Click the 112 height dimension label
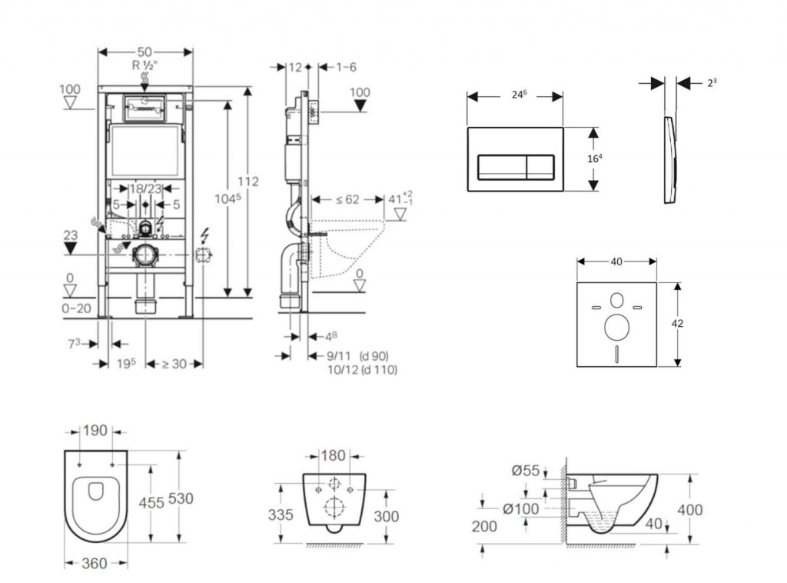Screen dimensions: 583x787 [x=247, y=182]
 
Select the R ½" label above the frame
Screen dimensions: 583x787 [x=145, y=65]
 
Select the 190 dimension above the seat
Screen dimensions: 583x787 [x=95, y=431]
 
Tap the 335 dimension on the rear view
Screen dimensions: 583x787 [x=281, y=515]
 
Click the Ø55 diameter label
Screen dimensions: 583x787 [x=526, y=470]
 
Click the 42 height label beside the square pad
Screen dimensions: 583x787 [x=677, y=324]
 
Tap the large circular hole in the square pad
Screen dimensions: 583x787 [x=616, y=328]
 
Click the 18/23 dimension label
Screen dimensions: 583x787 [x=145, y=189]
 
